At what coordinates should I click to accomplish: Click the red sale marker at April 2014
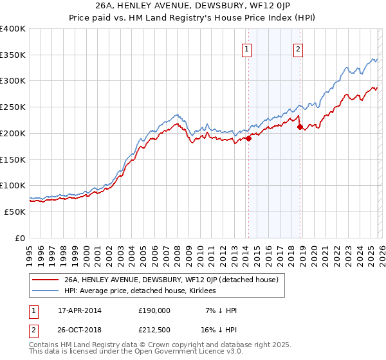248,138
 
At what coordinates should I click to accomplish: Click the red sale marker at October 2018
300,127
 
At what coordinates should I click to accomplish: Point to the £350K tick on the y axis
13,55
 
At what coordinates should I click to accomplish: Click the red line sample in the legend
45,280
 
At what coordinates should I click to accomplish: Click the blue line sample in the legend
45,291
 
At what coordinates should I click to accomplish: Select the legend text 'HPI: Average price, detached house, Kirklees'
140,291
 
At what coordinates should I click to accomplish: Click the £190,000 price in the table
154,310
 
